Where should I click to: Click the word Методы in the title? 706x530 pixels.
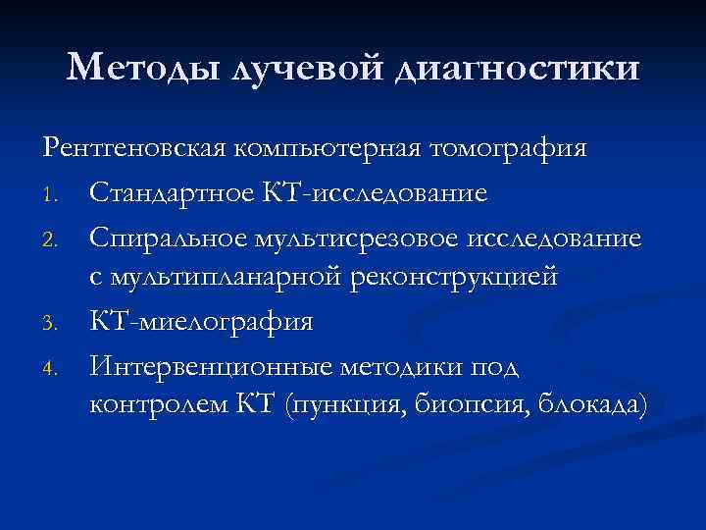144,68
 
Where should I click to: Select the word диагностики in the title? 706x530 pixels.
516,68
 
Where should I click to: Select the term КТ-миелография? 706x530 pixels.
202,319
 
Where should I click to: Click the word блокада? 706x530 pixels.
586,404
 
